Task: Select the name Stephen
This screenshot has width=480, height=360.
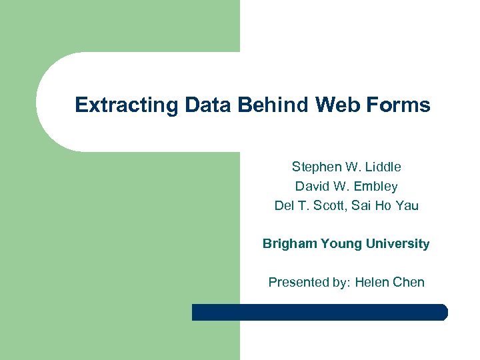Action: click(315, 167)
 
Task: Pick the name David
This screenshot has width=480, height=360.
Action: click(313, 186)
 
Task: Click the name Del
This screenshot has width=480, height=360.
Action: click(285, 205)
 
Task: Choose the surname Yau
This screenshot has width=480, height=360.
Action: click(407, 205)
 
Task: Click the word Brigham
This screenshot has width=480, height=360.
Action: click(289, 244)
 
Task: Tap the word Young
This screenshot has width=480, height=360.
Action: click(342, 244)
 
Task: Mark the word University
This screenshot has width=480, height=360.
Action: click(398, 244)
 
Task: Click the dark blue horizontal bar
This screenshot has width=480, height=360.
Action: click(320, 312)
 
